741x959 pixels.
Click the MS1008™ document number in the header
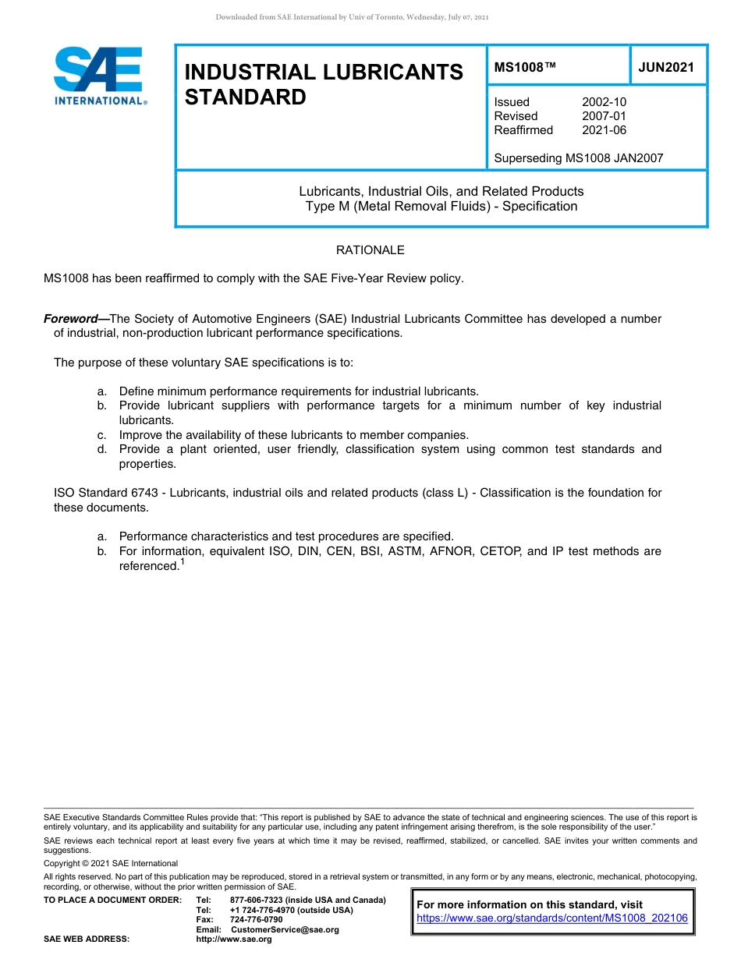(x=525, y=67)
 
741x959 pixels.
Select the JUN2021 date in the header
(x=666, y=67)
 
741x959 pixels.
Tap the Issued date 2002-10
(x=604, y=102)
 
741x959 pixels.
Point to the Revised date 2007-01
(x=604, y=116)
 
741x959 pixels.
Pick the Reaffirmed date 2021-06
(x=604, y=130)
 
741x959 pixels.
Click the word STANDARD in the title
(x=246, y=97)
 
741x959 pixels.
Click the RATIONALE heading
(x=370, y=250)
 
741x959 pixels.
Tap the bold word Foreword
(x=75, y=319)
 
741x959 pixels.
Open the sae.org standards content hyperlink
(x=552, y=918)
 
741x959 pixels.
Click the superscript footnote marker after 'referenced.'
(x=183, y=561)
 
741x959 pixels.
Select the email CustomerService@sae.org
(x=285, y=929)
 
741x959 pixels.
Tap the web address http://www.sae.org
(x=234, y=940)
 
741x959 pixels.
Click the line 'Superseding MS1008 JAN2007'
(x=579, y=158)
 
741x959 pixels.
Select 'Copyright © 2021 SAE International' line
(x=111, y=863)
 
